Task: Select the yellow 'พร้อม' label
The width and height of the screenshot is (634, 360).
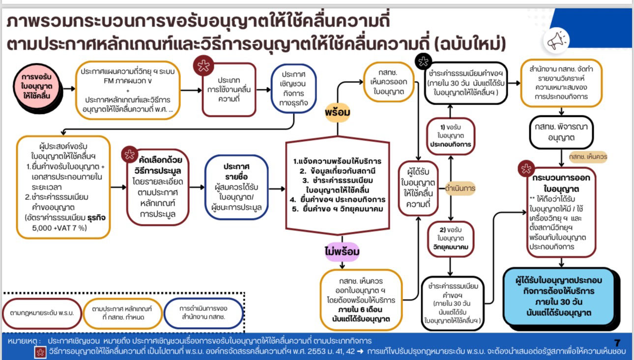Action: click(338, 112)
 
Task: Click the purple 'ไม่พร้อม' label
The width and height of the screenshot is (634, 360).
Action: click(342, 252)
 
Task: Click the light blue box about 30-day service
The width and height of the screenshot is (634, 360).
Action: click(559, 296)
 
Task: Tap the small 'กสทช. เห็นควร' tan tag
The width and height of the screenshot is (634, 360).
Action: click(588, 156)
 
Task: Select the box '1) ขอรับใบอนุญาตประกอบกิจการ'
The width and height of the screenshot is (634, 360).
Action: click(451, 136)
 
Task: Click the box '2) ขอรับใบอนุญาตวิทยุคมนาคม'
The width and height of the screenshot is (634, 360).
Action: click(451, 239)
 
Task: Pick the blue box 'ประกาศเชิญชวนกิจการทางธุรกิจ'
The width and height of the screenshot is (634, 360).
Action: click(294, 88)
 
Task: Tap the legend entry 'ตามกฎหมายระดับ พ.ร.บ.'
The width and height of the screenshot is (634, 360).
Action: click(42, 312)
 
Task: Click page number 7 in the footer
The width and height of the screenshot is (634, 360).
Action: click(617, 343)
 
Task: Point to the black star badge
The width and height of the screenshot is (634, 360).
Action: click(423, 62)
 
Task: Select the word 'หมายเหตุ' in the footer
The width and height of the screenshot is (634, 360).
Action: click(23, 341)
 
